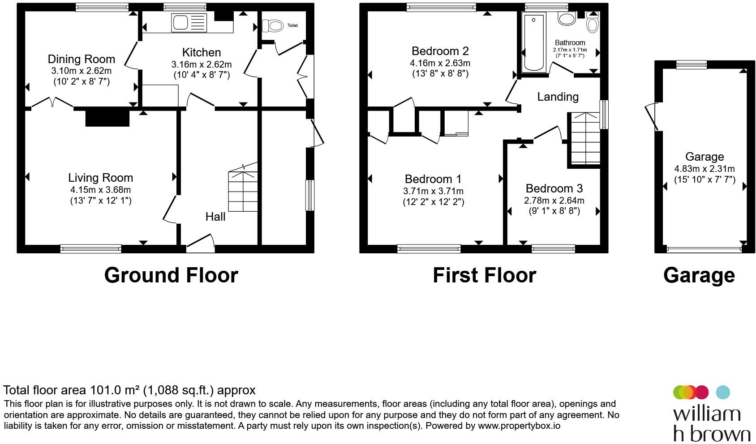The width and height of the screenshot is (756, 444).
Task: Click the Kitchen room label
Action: pyautogui.click(x=202, y=52)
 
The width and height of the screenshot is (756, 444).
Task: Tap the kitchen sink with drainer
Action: pyautogui.click(x=189, y=23)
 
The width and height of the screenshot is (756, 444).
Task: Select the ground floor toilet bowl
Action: pyautogui.click(x=273, y=26)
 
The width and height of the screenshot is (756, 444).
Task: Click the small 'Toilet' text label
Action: pyautogui.click(x=292, y=26)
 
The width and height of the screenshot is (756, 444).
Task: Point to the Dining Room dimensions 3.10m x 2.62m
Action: pyautogui.click(x=82, y=71)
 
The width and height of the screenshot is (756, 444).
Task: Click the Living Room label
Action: pyautogui.click(x=101, y=177)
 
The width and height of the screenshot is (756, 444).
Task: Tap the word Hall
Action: pyautogui.click(x=215, y=217)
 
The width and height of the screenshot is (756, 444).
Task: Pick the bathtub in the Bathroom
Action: pyautogui.click(x=533, y=43)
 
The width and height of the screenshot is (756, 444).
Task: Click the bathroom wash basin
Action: pyautogui.click(x=567, y=19)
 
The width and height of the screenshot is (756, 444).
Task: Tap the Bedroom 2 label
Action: pyautogui.click(x=440, y=51)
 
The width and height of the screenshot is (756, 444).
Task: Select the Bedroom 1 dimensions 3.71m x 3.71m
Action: pyautogui.click(x=434, y=191)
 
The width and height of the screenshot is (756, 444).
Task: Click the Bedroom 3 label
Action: pyautogui.click(x=554, y=188)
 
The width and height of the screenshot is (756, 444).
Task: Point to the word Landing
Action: pyautogui.click(x=558, y=97)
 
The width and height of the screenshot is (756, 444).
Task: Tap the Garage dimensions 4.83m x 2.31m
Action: pyautogui.click(x=704, y=169)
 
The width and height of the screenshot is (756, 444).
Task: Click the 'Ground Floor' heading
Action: pyautogui.click(x=171, y=275)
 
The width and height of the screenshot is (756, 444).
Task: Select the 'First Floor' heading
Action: pyautogui.click(x=484, y=275)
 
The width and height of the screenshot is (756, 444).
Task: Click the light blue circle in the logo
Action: pyautogui.click(x=723, y=393)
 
